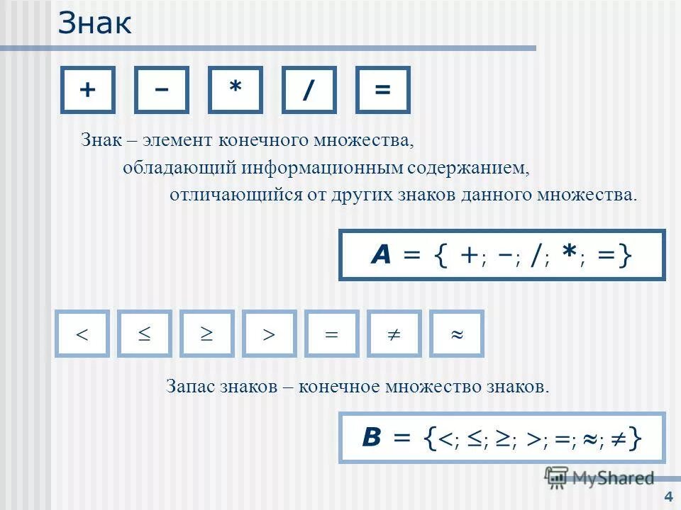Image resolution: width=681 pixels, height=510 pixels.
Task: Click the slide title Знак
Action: point(94,23)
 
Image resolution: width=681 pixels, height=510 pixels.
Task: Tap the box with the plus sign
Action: point(88,90)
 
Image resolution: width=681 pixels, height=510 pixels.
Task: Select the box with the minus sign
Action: point(162,90)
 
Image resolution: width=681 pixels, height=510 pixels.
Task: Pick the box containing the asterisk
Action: point(235,90)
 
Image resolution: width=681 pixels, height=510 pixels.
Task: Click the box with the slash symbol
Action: point(309,90)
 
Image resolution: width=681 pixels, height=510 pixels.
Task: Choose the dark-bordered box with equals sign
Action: point(382,90)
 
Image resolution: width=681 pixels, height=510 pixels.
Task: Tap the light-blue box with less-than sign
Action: point(82,333)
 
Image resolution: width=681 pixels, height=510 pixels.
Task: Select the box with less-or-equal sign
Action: point(145,333)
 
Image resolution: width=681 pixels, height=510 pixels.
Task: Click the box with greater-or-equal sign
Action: point(207,333)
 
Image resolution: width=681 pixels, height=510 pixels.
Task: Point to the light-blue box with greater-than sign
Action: point(270,333)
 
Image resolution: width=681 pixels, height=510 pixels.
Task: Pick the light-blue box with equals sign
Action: point(331,333)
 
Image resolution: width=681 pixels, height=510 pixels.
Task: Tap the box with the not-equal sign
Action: point(394,333)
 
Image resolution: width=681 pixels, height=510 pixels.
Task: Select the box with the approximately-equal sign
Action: point(456,333)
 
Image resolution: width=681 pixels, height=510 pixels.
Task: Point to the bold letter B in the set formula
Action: point(373,438)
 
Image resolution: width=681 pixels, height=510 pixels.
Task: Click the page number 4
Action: point(668,495)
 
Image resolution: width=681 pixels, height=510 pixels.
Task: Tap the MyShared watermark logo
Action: point(599,477)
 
